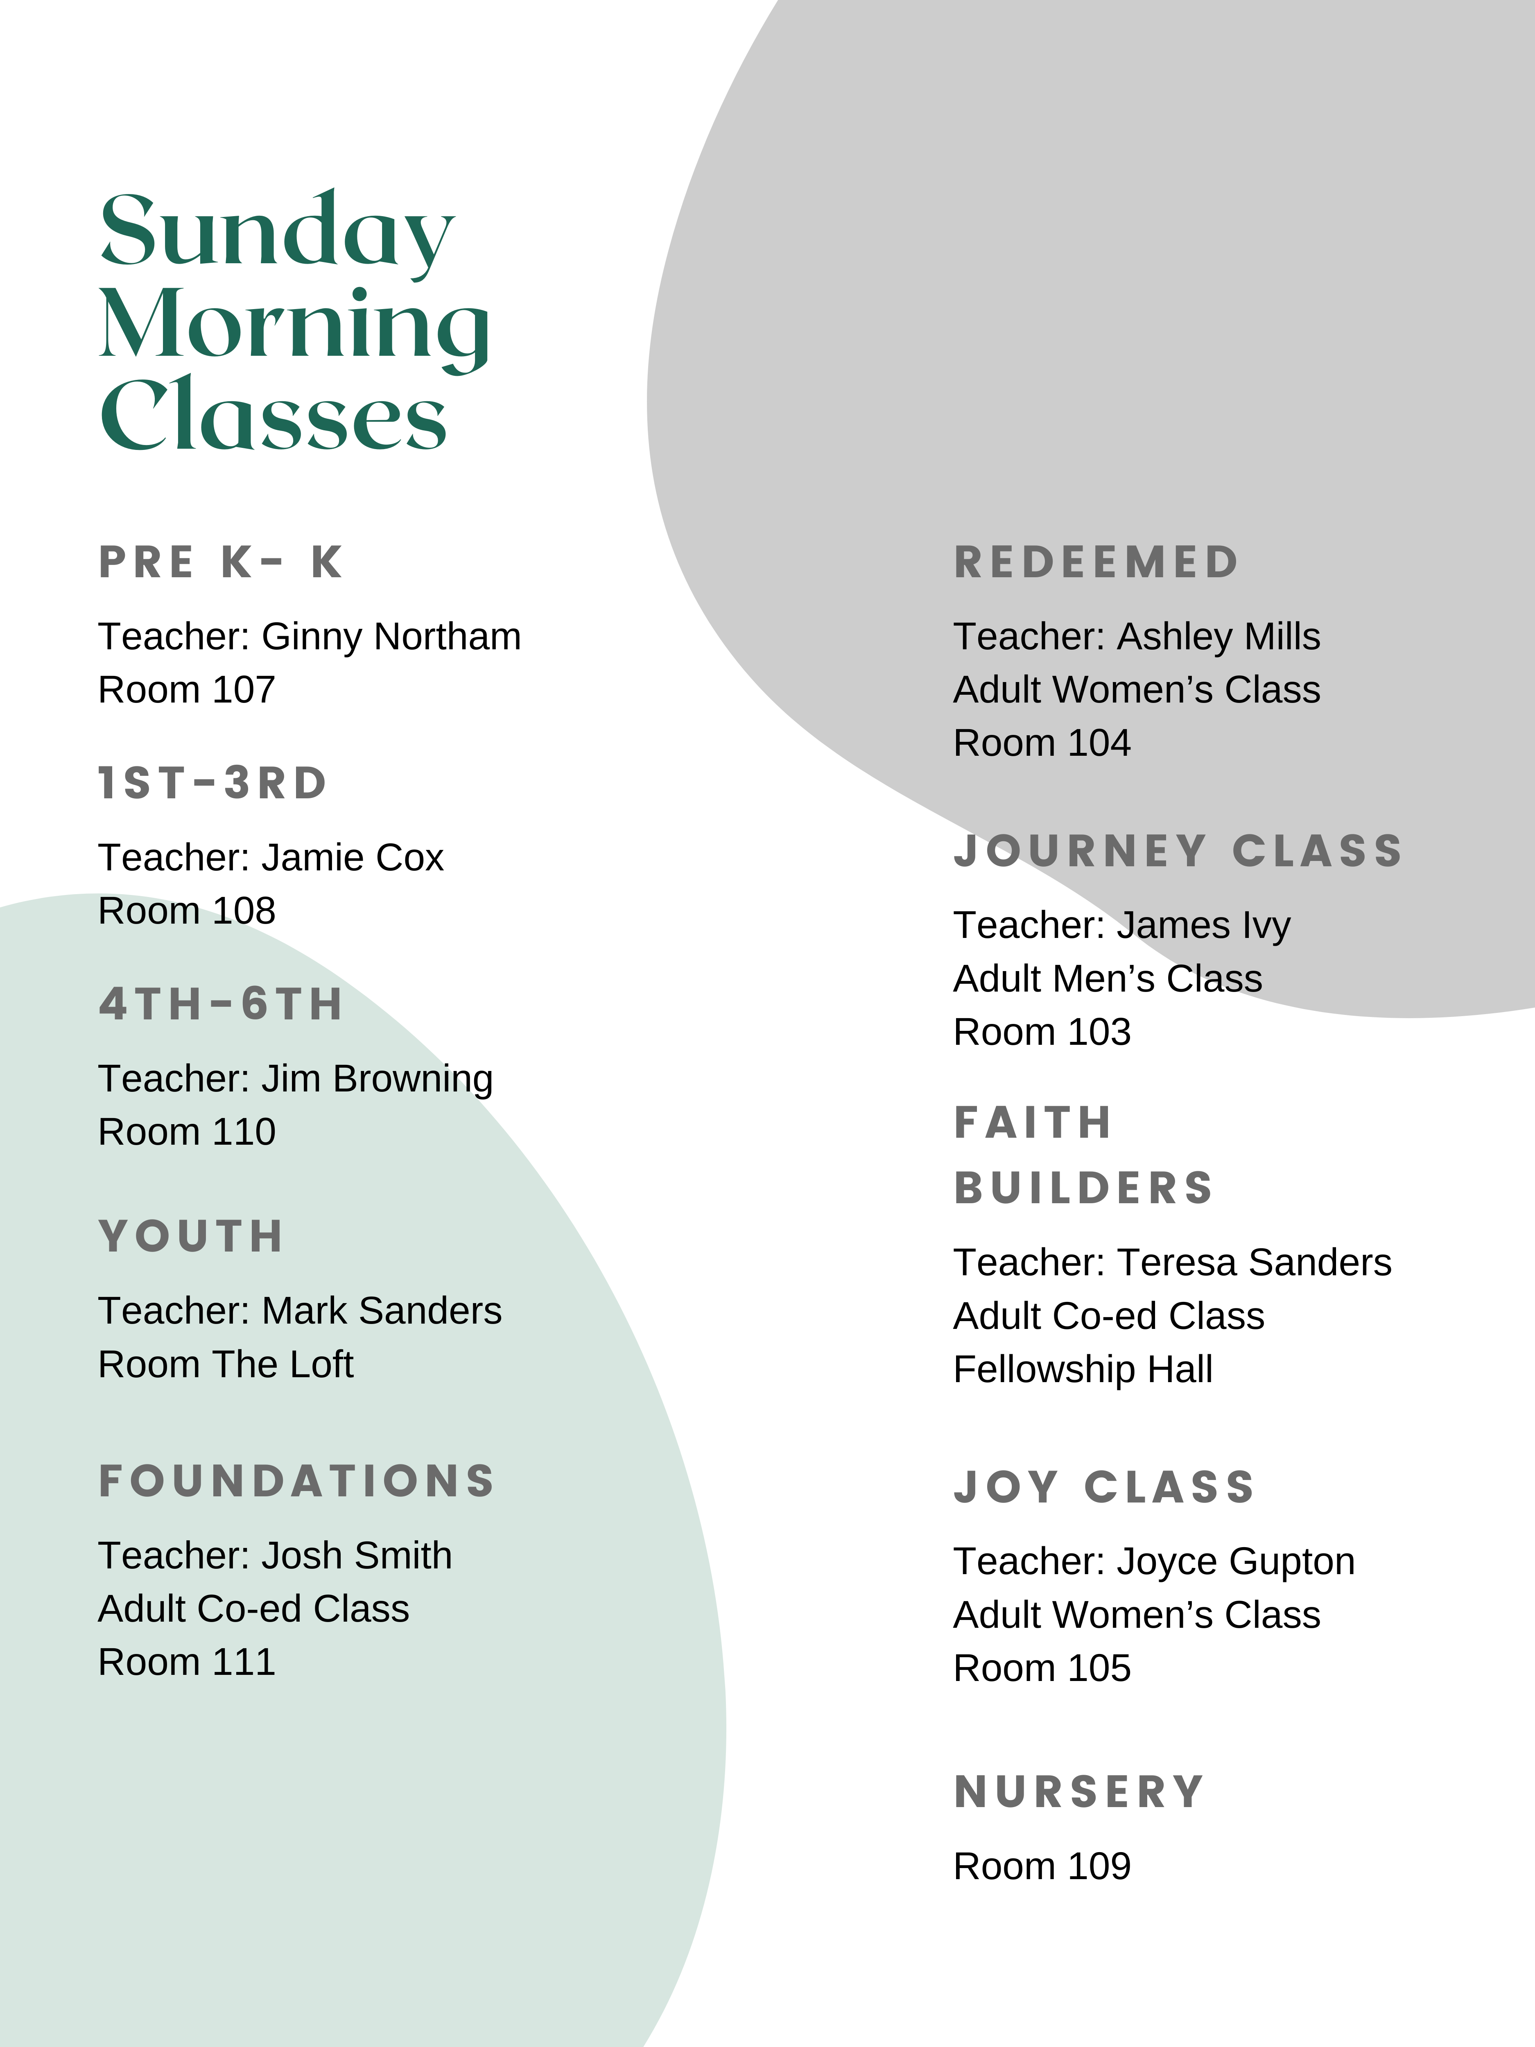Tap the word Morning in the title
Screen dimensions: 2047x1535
294,326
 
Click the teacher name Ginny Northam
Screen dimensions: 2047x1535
391,637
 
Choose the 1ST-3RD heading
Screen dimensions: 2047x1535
213,783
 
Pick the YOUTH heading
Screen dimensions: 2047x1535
192,1236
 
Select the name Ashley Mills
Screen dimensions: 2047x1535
1219,637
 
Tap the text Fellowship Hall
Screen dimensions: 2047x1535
1083,1369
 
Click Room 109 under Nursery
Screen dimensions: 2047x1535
1042,1866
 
